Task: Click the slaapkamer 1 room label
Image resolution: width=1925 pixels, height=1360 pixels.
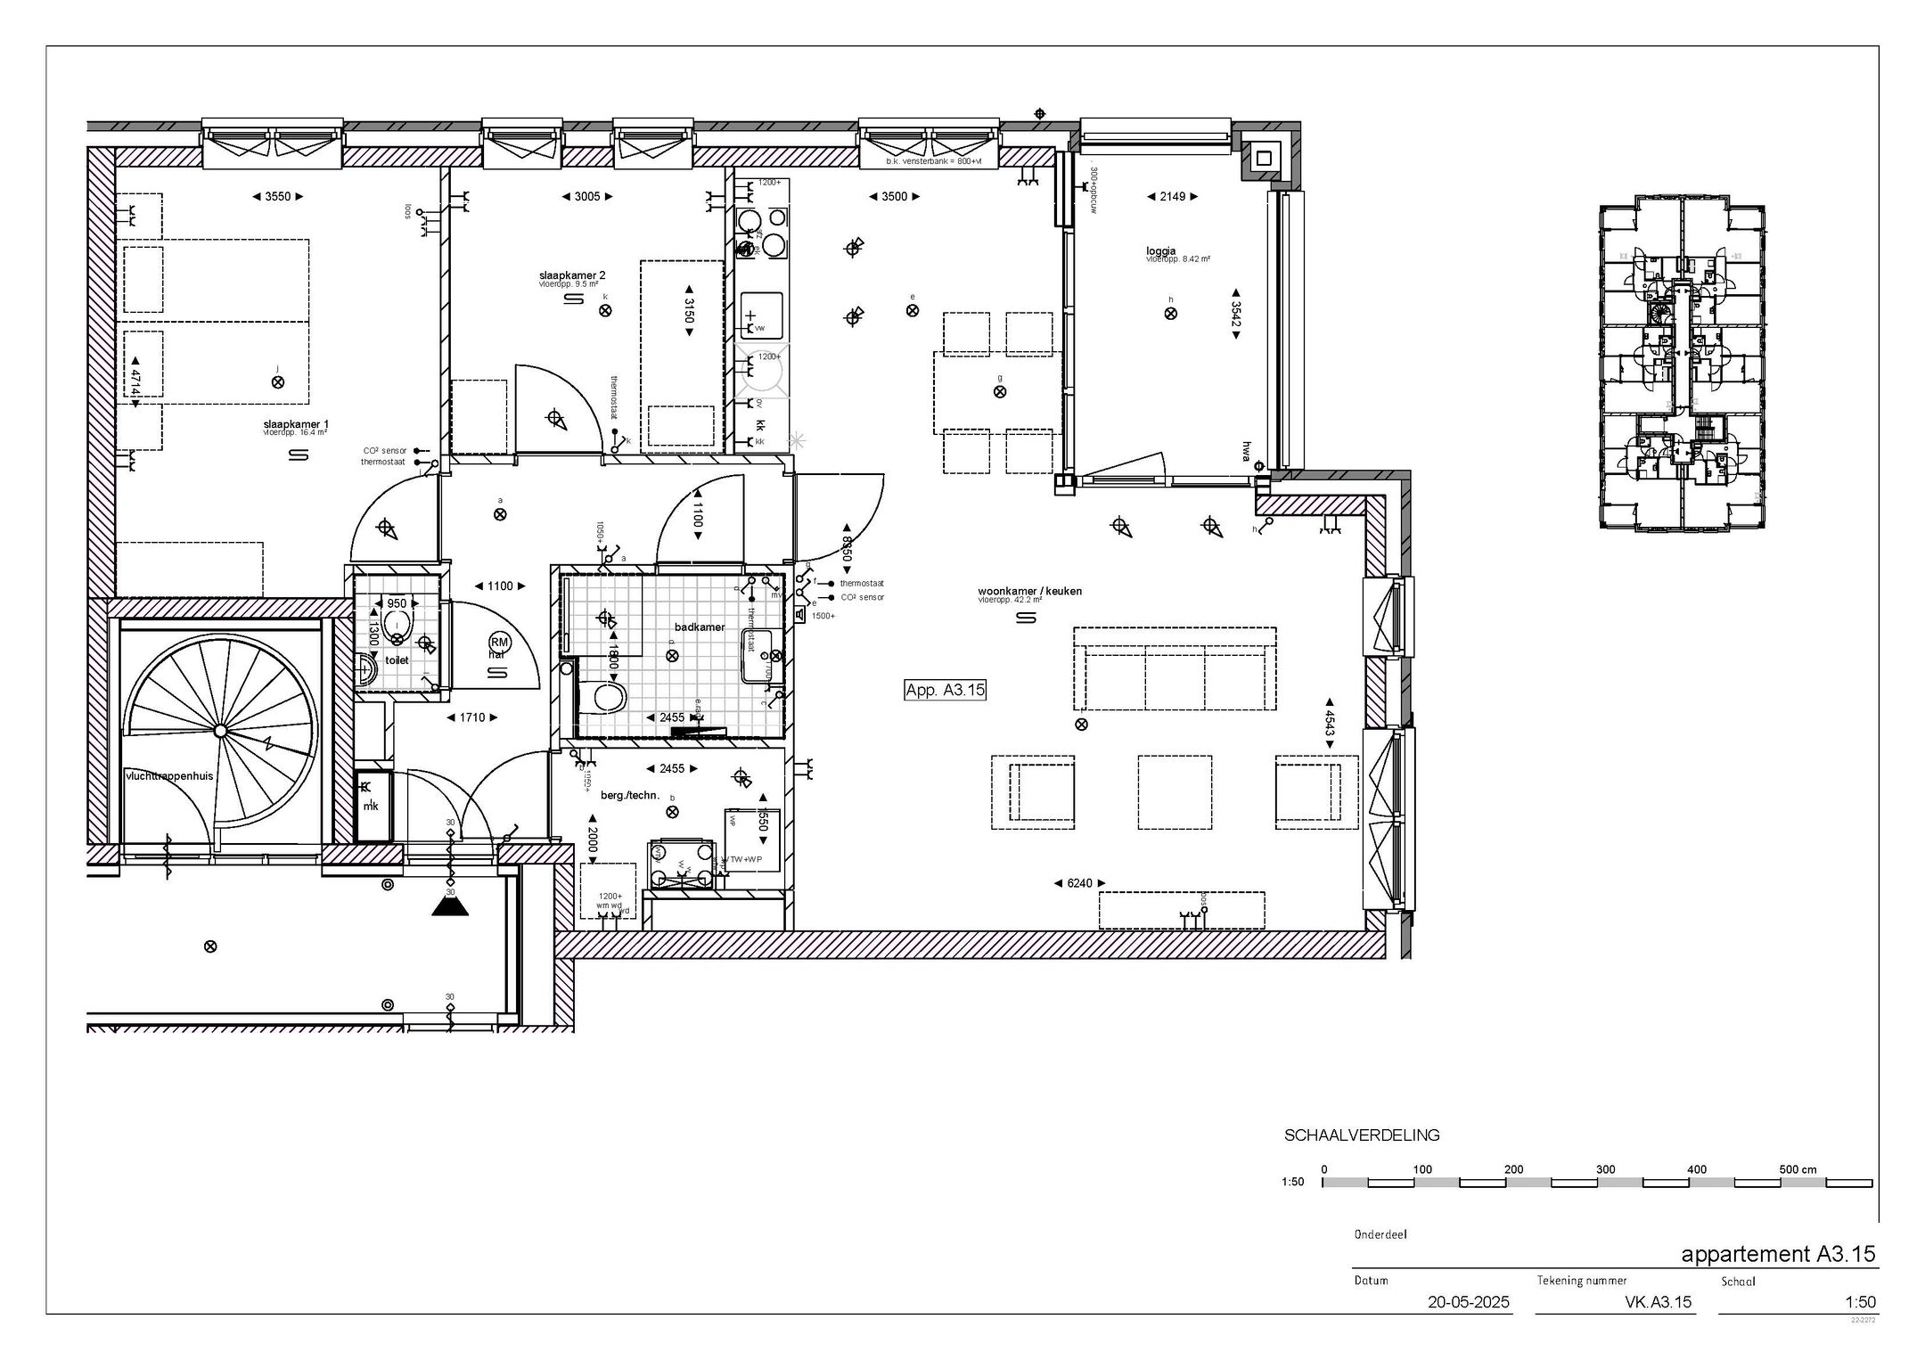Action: click(295, 423)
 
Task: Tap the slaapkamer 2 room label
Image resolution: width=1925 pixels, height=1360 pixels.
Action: click(572, 275)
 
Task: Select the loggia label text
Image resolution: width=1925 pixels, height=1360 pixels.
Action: click(1161, 251)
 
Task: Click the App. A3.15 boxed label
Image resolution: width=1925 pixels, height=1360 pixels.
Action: click(945, 689)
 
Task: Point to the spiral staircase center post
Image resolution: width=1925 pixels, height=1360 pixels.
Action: click(220, 731)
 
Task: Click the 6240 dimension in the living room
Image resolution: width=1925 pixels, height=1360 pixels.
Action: click(1079, 883)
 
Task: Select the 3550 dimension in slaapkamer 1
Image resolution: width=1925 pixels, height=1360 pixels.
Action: click(277, 197)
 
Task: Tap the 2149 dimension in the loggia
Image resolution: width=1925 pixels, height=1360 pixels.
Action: click(1173, 197)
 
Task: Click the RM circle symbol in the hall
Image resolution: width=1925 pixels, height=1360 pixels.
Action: click(499, 642)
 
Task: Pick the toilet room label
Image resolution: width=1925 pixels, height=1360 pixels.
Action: click(397, 660)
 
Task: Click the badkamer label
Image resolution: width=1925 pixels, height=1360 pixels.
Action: click(700, 627)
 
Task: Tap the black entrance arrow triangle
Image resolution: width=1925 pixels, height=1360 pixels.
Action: click(450, 906)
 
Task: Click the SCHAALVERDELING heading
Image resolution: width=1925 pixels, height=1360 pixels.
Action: click(1361, 1135)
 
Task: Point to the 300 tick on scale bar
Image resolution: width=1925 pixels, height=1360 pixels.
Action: click(1605, 1169)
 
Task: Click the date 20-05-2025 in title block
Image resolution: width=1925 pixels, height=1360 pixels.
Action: click(1468, 1302)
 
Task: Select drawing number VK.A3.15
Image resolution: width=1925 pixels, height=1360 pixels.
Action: click(1658, 1302)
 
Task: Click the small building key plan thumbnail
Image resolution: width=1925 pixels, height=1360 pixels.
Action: click(1683, 364)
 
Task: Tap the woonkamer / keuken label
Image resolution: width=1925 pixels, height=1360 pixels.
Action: click(1029, 591)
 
